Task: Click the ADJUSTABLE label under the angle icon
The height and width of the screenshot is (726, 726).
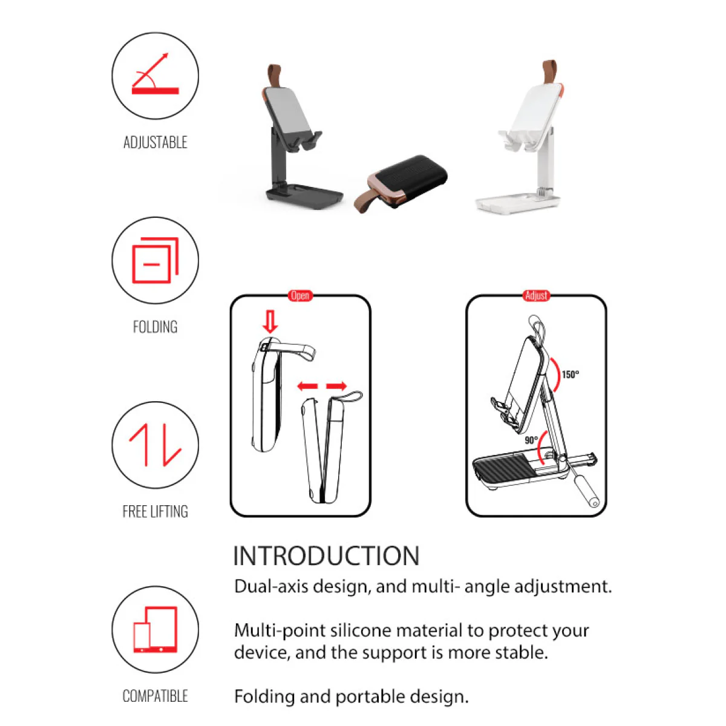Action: [155, 142]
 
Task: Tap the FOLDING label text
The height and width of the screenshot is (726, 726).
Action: [155, 327]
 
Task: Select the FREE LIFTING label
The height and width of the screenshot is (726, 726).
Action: [155, 511]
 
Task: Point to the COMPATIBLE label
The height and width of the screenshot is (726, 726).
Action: [155, 696]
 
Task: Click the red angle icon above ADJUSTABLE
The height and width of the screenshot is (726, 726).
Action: [155, 74]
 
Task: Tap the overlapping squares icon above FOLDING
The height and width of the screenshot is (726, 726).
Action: [155, 260]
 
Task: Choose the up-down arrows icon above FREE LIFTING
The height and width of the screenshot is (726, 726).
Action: [155, 445]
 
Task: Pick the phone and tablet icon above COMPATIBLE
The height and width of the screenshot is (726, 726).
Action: [155, 629]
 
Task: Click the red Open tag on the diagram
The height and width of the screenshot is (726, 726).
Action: [300, 295]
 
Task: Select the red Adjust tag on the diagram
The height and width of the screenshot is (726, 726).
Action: [536, 295]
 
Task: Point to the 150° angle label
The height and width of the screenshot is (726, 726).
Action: [570, 374]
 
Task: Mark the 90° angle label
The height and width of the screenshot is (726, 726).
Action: [531, 440]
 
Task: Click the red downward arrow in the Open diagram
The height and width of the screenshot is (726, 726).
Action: [270, 321]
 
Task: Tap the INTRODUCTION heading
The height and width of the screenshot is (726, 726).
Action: [326, 556]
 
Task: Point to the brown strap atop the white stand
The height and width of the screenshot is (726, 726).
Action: [551, 72]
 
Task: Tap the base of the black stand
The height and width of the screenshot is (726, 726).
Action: [304, 195]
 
